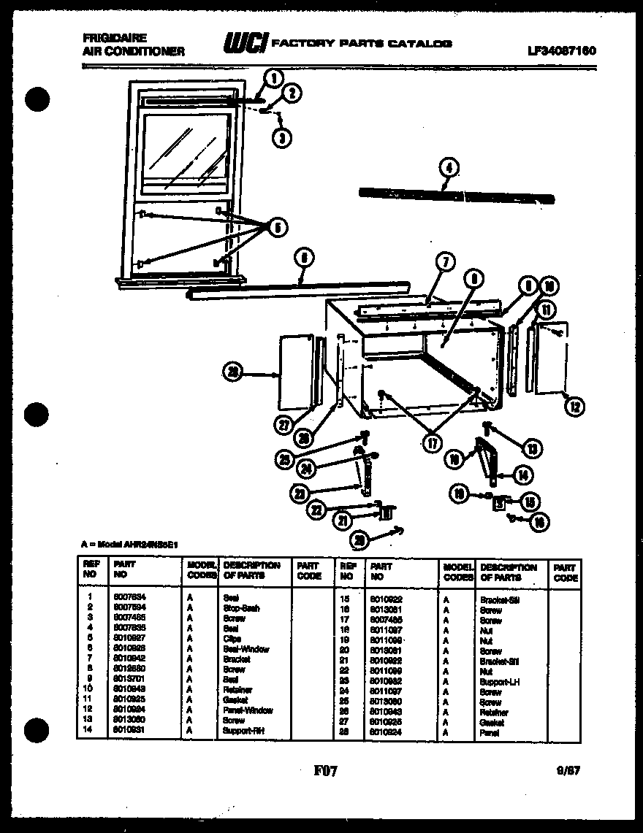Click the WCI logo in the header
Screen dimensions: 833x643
[246, 44]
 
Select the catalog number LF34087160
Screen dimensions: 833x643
[561, 51]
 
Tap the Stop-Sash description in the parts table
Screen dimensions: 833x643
[240, 607]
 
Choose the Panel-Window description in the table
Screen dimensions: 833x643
[248, 710]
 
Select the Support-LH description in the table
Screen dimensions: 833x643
[500, 681]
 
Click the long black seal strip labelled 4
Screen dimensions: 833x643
[457, 196]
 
